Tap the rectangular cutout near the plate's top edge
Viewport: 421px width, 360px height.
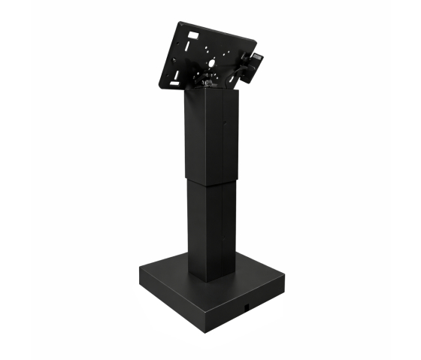point(192,36)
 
